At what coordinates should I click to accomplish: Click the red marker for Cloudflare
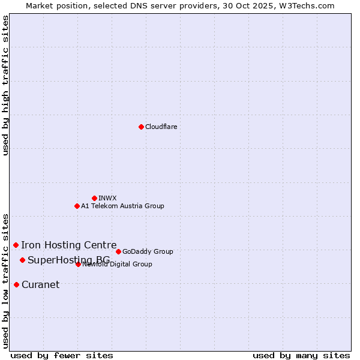pos(141,127)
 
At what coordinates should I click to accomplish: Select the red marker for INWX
pos(94,198)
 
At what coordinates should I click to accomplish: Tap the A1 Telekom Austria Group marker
pos(77,206)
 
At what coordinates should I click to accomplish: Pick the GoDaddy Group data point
pos(118,251)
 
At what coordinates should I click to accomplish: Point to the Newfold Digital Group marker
pos(78,264)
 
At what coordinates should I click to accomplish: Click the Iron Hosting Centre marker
pos(16,245)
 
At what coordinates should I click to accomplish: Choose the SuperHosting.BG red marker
pos(22,260)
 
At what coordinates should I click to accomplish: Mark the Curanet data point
pos(16,284)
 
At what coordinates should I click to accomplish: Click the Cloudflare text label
pos(161,127)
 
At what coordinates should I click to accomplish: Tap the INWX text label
pos(107,198)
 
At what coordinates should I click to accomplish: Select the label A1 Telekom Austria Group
pos(122,206)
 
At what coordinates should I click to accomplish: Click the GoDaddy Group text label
pos(148,251)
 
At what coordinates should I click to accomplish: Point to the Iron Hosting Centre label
pos(69,245)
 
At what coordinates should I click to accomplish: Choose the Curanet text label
pos(40,284)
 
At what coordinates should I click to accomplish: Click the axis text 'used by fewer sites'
pos(62,355)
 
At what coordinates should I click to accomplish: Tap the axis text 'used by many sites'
pos(301,355)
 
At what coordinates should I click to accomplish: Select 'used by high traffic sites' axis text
pos(6,85)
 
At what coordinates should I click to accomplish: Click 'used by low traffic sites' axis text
pos(6,280)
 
